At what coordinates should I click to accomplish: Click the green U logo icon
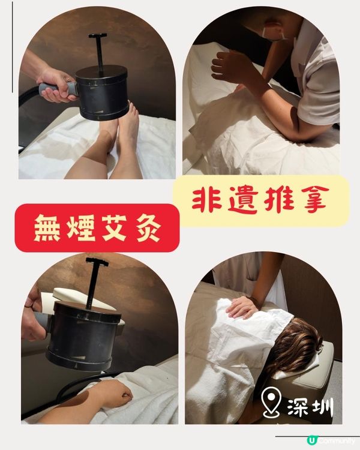point(311,440)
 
